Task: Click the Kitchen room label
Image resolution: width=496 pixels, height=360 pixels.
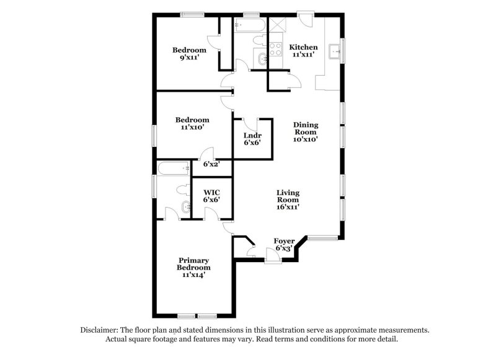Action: pos(303,51)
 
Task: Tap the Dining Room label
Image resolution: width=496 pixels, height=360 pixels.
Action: pos(306,132)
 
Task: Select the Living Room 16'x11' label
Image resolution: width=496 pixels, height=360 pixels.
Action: pos(288,200)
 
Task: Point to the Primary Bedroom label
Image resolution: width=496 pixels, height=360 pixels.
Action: pos(193,268)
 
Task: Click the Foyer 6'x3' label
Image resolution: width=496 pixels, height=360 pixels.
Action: pos(284,245)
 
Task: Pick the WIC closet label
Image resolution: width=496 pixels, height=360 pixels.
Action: pos(211,196)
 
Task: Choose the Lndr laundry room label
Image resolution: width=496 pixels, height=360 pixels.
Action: pos(252,139)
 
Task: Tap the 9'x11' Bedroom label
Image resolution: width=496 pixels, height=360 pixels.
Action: pos(189,54)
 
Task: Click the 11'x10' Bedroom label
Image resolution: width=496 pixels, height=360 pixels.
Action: pos(192,123)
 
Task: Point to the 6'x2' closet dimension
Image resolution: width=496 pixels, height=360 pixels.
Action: pos(211,164)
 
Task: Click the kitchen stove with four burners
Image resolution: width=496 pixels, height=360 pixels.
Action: pos(275,50)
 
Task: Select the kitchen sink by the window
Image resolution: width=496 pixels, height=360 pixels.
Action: pos(334,51)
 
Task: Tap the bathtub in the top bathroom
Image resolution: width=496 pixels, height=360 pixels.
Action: pos(249,25)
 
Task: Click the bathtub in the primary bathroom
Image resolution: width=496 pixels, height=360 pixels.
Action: pos(174,169)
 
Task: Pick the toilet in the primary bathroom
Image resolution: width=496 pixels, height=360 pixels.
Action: pos(183,190)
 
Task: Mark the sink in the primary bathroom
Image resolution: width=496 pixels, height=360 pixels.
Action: pos(186,208)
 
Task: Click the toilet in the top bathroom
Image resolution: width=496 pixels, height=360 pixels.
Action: pos(260,40)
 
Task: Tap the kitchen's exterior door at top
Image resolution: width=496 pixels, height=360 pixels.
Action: pos(306,20)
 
